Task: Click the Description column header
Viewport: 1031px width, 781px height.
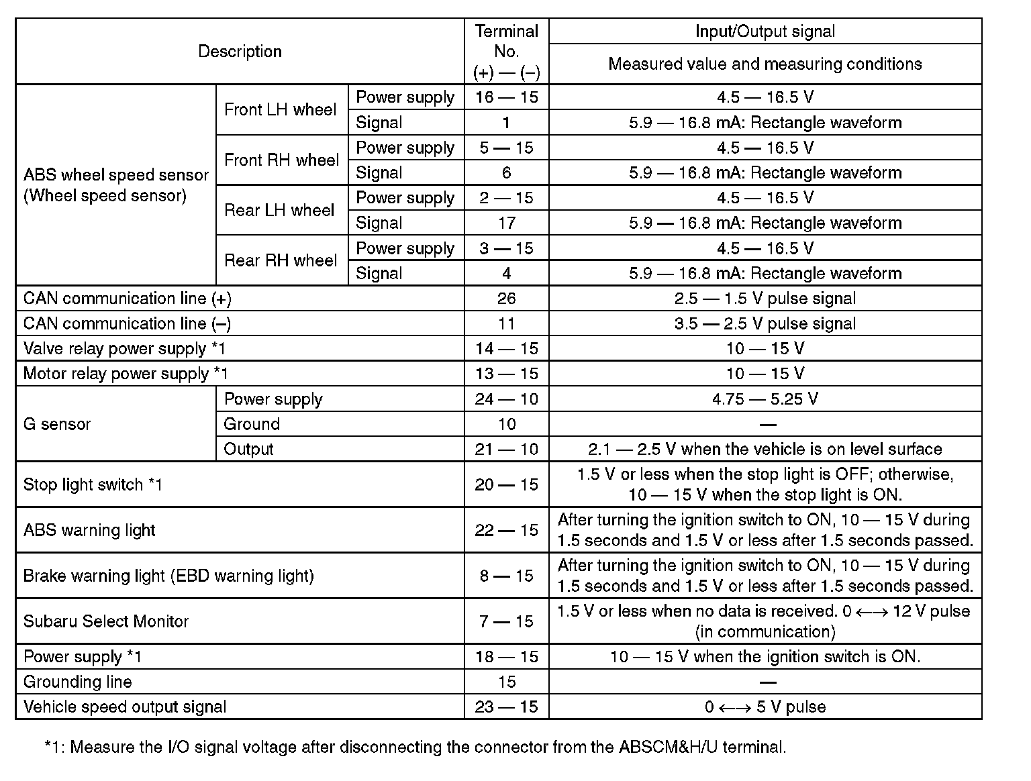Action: pos(240,52)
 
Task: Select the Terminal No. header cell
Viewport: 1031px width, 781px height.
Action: pos(506,52)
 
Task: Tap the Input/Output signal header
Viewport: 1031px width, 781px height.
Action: pos(765,32)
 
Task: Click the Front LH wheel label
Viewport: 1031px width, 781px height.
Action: pos(281,110)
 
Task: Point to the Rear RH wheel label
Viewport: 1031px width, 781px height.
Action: pos(281,260)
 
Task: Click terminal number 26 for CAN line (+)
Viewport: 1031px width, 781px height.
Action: pos(506,299)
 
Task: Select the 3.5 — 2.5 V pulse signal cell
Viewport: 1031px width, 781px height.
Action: pos(765,323)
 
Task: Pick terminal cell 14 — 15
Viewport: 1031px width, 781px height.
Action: pos(506,349)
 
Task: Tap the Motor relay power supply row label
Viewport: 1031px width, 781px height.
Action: pos(126,374)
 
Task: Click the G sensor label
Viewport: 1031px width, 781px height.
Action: pos(57,424)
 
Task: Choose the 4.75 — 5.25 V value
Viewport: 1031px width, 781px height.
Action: pos(765,399)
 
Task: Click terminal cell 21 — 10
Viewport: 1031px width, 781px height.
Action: pos(506,450)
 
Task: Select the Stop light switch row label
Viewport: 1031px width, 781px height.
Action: pos(93,484)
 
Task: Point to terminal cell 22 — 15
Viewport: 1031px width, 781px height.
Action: pos(506,530)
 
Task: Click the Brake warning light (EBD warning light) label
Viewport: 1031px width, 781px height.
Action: pos(168,576)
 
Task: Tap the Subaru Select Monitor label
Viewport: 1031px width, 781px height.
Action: pos(106,621)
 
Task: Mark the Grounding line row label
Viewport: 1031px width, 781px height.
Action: pos(78,682)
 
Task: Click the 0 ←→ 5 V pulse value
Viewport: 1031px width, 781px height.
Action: pos(765,707)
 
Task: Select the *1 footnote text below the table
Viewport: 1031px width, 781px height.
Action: pos(415,747)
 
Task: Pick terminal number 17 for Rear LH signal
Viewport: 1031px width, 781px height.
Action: pos(506,223)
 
